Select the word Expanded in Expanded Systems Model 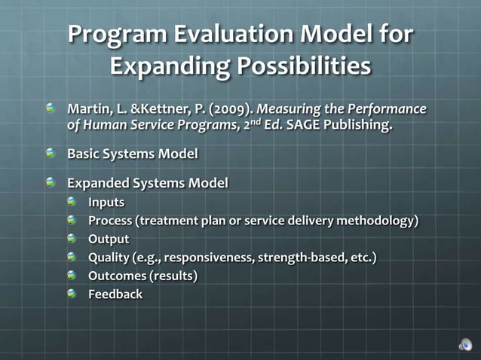coord(97,183)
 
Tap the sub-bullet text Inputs coord(106,203)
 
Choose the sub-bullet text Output coord(109,239)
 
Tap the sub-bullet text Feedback coord(115,294)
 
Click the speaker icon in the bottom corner coord(466,345)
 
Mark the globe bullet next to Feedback coord(72,294)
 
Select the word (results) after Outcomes coord(175,276)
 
